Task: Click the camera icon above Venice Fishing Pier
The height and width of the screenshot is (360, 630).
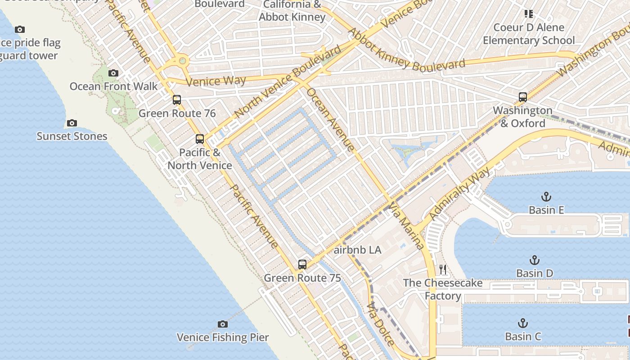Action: [222, 324]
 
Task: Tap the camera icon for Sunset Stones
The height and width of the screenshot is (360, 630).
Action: [72, 123]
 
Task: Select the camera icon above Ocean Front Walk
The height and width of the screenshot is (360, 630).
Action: [113, 73]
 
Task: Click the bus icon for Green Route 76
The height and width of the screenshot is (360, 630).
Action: [177, 100]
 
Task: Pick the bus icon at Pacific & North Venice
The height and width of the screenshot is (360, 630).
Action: [200, 139]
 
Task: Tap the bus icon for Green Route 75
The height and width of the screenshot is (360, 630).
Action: [302, 265]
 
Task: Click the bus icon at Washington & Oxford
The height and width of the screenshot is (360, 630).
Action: [522, 97]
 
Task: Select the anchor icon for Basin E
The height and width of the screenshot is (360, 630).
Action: [546, 197]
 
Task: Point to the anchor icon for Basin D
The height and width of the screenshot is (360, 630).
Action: [534, 260]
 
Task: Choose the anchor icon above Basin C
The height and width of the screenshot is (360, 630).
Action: [522, 323]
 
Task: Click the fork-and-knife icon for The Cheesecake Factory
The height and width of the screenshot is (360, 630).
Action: [443, 270]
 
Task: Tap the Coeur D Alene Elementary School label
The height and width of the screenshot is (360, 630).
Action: [529, 34]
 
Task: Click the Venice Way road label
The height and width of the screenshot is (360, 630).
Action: [216, 81]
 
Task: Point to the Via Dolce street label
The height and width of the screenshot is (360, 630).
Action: [380, 324]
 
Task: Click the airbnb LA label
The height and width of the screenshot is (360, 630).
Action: [358, 250]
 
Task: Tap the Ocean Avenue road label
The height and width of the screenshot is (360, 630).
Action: [330, 119]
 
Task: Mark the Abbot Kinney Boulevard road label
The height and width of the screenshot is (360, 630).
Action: [407, 50]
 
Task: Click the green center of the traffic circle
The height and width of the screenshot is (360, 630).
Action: [182, 61]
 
